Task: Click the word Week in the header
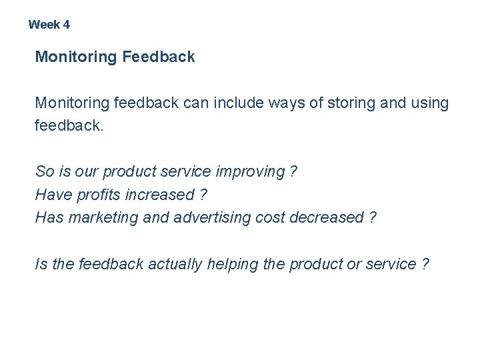[44, 25]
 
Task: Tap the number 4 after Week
[67, 25]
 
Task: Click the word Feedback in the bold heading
[159, 57]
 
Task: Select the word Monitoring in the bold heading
[76, 57]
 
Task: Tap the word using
[430, 103]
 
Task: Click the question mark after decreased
[372, 218]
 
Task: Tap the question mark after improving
[293, 171]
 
